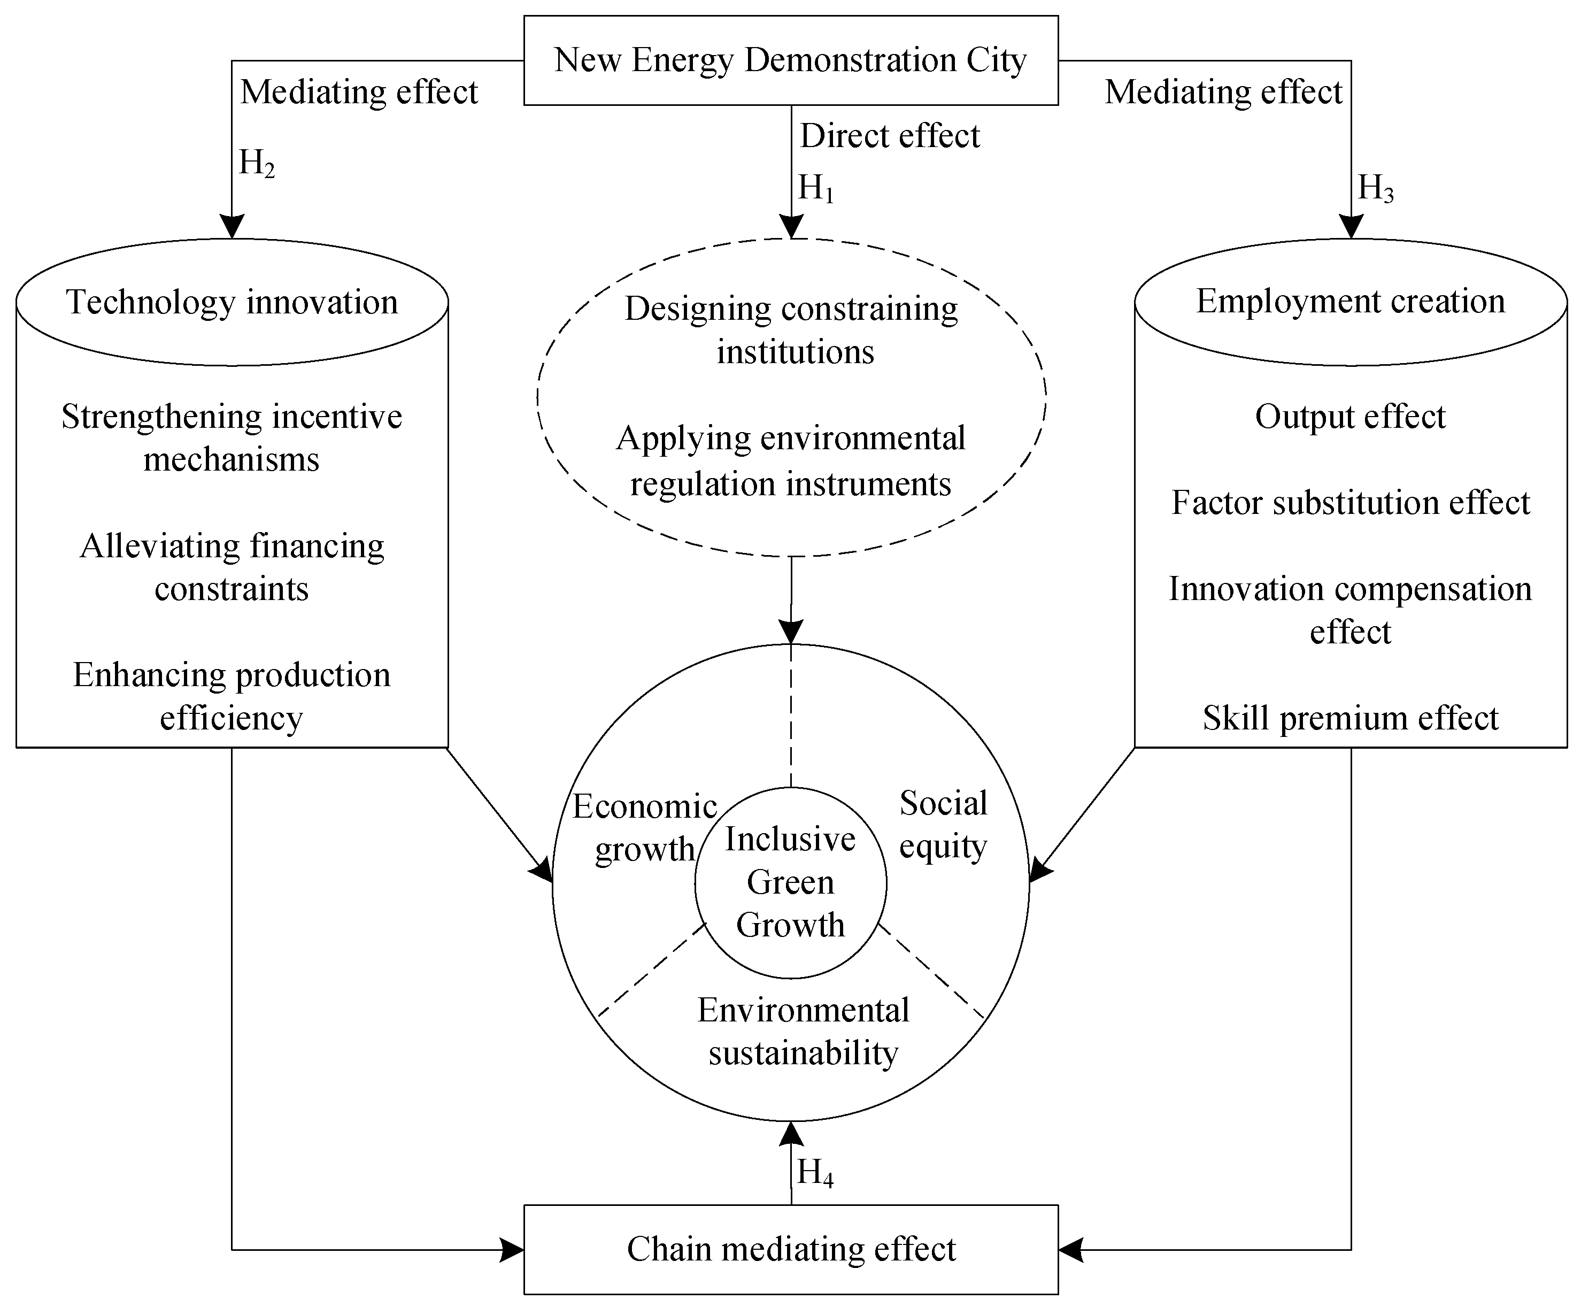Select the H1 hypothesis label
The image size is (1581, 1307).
tap(816, 188)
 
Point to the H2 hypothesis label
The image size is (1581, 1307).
tap(257, 163)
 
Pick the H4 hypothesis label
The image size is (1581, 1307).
tap(815, 1172)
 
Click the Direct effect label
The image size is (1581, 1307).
tap(890, 136)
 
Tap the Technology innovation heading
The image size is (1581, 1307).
tap(232, 302)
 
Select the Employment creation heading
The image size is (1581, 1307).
tap(1351, 301)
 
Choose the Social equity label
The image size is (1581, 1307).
tap(943, 825)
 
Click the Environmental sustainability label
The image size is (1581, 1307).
tap(803, 1032)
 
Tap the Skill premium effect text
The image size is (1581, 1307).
tap(1351, 718)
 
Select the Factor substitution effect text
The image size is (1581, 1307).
tap(1351, 503)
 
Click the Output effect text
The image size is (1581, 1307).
tap(1351, 417)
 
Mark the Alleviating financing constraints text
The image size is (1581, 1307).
tap(232, 567)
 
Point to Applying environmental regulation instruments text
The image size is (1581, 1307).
tap(790, 461)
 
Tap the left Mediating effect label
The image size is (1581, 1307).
tap(359, 93)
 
